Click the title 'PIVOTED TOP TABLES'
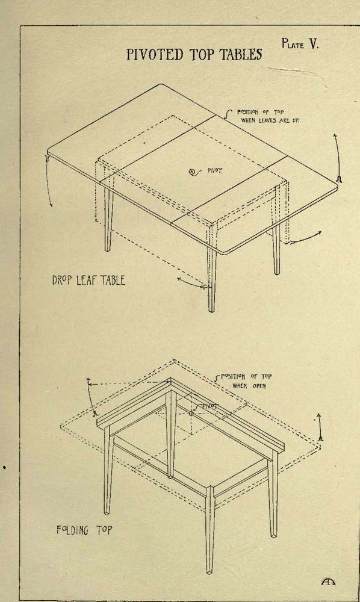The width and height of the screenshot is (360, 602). click(194, 54)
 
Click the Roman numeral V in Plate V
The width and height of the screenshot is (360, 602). click(314, 44)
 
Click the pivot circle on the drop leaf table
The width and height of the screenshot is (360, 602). click(192, 172)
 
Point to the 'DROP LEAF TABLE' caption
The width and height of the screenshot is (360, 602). click(88, 280)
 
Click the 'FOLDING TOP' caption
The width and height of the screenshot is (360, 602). click(84, 530)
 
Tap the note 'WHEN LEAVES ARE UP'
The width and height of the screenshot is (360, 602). click(270, 120)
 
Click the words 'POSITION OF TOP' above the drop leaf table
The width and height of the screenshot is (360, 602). click(260, 112)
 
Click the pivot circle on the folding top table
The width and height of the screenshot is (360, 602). click(191, 414)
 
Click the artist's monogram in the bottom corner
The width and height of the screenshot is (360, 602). click(328, 582)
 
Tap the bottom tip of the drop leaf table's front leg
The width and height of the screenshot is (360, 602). click(211, 310)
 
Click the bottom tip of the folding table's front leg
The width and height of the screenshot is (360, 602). click(209, 573)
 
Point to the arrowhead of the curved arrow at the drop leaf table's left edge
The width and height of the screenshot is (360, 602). click(51, 205)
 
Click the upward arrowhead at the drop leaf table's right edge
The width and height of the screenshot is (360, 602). click(335, 136)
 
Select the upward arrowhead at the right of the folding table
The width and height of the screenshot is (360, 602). click(318, 416)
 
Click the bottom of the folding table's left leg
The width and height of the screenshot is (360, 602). click(107, 512)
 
